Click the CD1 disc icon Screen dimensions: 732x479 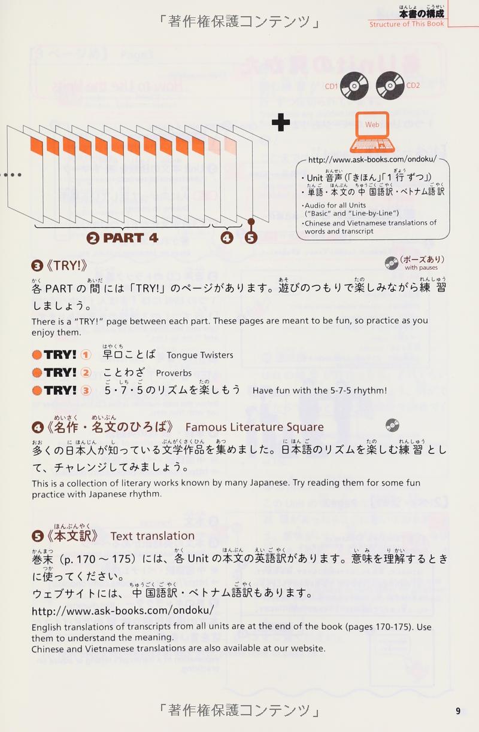coord(354,86)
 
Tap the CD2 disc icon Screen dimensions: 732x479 coord(390,86)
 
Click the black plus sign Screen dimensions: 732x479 coord(281,123)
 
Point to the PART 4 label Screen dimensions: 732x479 coord(123,238)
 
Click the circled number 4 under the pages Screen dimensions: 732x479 coord(227,238)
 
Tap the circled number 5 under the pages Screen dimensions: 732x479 coord(251,238)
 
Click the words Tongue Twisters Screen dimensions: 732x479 coord(200,355)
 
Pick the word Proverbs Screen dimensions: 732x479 coord(174,373)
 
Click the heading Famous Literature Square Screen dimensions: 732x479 coord(254,427)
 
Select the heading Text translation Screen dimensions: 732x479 coord(152,536)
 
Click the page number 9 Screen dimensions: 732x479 coord(458,711)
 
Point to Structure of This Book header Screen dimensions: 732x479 coord(407,24)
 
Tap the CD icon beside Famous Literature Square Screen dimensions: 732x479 coord(392,425)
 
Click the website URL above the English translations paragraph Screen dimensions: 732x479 coord(123,611)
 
